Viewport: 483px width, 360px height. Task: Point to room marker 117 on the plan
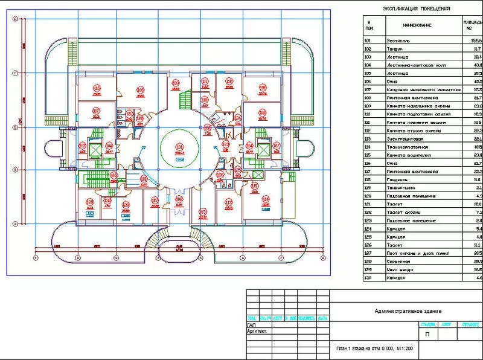(x=96, y=111)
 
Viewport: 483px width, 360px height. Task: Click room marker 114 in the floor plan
(x=264, y=200)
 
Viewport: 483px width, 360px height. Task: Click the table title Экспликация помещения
(x=417, y=8)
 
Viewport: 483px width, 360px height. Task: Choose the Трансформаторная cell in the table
(x=406, y=147)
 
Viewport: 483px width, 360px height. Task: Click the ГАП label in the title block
(x=252, y=325)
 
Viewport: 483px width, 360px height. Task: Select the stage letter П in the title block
(x=427, y=333)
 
